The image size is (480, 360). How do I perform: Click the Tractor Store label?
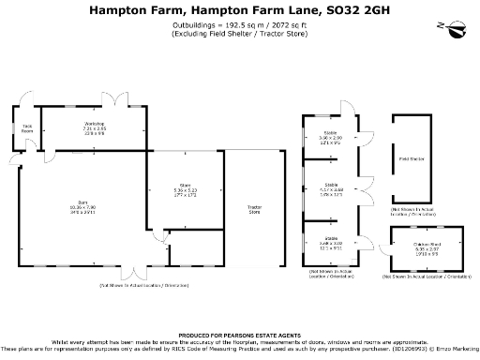click(x=253, y=210)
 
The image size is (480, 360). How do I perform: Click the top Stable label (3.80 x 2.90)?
click(x=331, y=134)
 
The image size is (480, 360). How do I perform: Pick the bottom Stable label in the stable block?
click(x=331, y=239)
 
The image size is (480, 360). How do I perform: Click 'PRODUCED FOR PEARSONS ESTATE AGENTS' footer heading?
click(x=239, y=333)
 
